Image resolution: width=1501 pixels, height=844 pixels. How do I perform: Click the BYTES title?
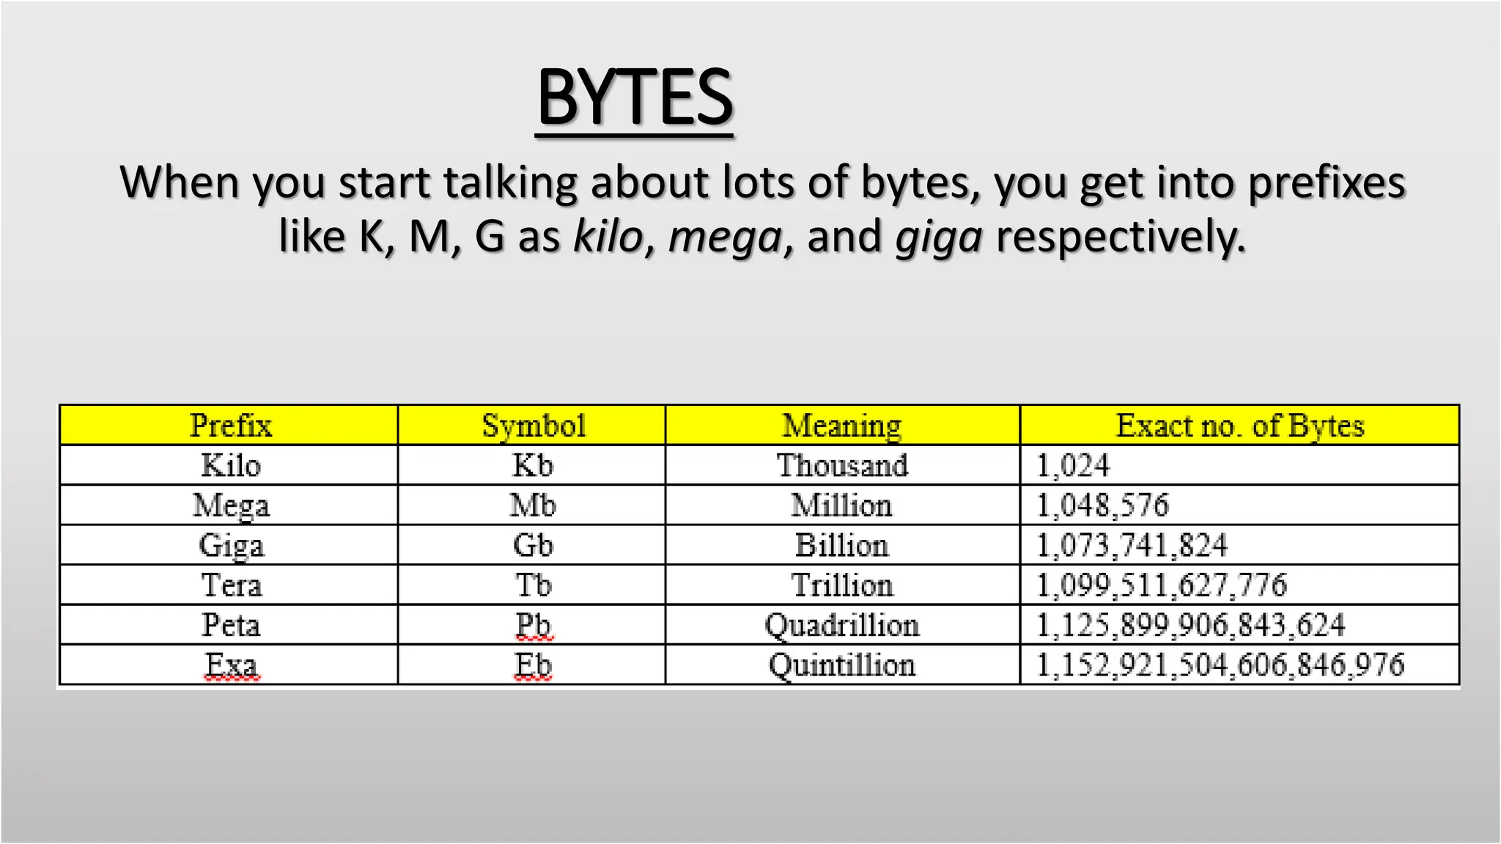[x=635, y=98]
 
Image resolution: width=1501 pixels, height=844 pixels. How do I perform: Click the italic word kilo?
[x=608, y=237]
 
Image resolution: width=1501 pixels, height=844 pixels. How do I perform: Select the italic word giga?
[x=939, y=237]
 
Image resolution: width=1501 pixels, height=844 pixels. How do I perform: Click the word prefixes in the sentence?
[x=1327, y=182]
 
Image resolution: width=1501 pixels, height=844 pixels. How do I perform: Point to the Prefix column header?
[x=230, y=426]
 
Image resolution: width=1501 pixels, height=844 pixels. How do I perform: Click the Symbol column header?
[x=533, y=426]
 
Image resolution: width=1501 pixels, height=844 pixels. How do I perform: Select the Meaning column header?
[x=841, y=426]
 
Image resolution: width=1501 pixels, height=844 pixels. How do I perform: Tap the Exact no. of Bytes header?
[x=1239, y=426]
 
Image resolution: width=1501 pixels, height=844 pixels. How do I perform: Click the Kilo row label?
[x=230, y=466]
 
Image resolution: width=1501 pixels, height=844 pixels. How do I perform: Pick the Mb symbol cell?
[x=533, y=506]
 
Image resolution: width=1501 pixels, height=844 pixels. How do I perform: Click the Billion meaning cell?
[x=841, y=546]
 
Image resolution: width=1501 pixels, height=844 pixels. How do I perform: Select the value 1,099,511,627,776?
[x=1161, y=585]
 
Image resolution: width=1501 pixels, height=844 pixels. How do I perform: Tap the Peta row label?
[x=230, y=625]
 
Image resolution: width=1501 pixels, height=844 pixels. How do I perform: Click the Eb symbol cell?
[x=533, y=665]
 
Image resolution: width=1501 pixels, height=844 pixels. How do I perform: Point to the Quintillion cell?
[x=841, y=665]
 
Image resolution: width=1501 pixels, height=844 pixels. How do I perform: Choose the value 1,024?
[x=1073, y=466]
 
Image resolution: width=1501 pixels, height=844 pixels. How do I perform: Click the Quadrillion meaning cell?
[x=841, y=625]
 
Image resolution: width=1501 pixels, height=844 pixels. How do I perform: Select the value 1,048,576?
[x=1102, y=506]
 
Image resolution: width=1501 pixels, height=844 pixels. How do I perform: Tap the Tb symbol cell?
[x=533, y=585]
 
